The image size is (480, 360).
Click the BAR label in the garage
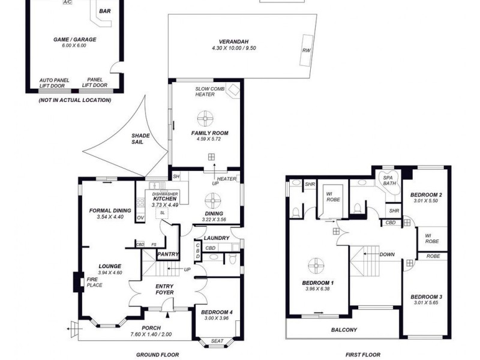click(104, 11)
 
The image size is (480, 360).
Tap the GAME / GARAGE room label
click(74, 40)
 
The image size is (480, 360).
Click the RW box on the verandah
click(307, 50)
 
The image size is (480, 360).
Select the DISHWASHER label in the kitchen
click(164, 194)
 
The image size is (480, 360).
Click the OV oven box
click(140, 217)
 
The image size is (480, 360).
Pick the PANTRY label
click(168, 254)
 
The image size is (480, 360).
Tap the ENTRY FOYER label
click(164, 289)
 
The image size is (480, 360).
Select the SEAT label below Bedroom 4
click(218, 341)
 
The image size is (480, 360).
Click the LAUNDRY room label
click(216, 238)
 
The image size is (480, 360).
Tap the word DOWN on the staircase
click(387, 254)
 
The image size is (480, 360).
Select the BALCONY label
click(344, 330)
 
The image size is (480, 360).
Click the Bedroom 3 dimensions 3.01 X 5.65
click(427, 304)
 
